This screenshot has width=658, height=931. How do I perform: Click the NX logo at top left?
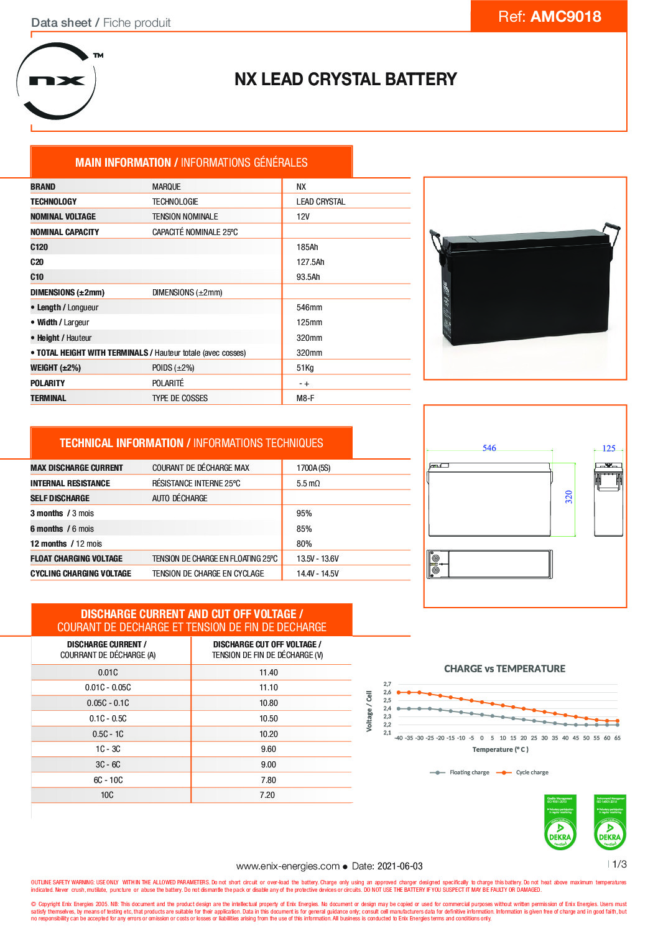(57, 81)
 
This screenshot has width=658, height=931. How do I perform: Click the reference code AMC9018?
(565, 17)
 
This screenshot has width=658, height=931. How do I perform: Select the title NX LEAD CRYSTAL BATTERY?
(345, 80)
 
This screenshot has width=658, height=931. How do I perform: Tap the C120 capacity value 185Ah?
(307, 247)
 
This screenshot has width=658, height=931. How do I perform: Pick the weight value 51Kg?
(305, 368)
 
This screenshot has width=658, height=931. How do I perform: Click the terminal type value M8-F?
(305, 398)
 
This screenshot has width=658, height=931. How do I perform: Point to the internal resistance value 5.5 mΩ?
(308, 483)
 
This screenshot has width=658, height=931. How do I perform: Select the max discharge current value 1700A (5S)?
(313, 468)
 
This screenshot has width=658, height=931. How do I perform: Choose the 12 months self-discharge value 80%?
(304, 544)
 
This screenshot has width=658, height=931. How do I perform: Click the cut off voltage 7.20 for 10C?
(267, 795)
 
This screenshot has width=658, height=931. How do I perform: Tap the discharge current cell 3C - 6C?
(108, 764)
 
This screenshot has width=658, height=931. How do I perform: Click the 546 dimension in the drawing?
(489, 448)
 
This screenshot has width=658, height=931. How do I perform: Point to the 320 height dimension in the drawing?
(568, 497)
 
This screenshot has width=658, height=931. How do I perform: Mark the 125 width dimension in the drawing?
(609, 448)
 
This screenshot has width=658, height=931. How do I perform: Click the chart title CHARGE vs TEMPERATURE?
(504, 669)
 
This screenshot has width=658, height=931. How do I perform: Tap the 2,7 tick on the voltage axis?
(387, 684)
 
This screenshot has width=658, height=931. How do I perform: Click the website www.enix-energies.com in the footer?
(288, 866)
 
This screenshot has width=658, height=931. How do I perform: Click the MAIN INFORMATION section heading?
(191, 162)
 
